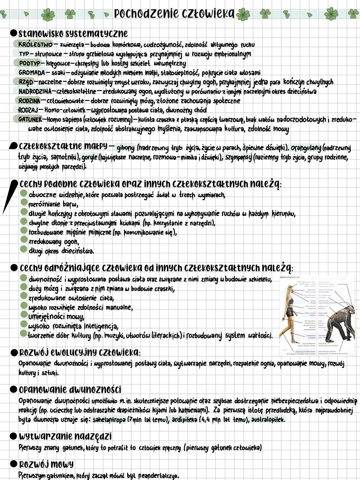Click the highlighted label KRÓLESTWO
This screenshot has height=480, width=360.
[x=33, y=44]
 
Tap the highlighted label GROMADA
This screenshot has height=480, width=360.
[x=32, y=72]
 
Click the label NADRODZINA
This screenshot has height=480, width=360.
[x=35, y=91]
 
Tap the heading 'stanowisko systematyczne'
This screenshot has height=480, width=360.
[x=73, y=33]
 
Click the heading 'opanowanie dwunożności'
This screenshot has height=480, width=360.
[x=70, y=389]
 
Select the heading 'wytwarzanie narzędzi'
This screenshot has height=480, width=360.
[x=65, y=436]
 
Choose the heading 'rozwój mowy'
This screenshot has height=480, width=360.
[x=46, y=464]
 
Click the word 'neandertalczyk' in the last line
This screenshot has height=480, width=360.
[x=158, y=475]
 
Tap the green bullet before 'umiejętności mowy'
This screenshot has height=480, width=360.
[x=23, y=315]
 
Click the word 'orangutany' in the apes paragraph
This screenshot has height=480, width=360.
[x=306, y=147]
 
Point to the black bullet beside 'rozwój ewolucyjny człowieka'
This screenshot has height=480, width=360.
[x=13, y=353]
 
